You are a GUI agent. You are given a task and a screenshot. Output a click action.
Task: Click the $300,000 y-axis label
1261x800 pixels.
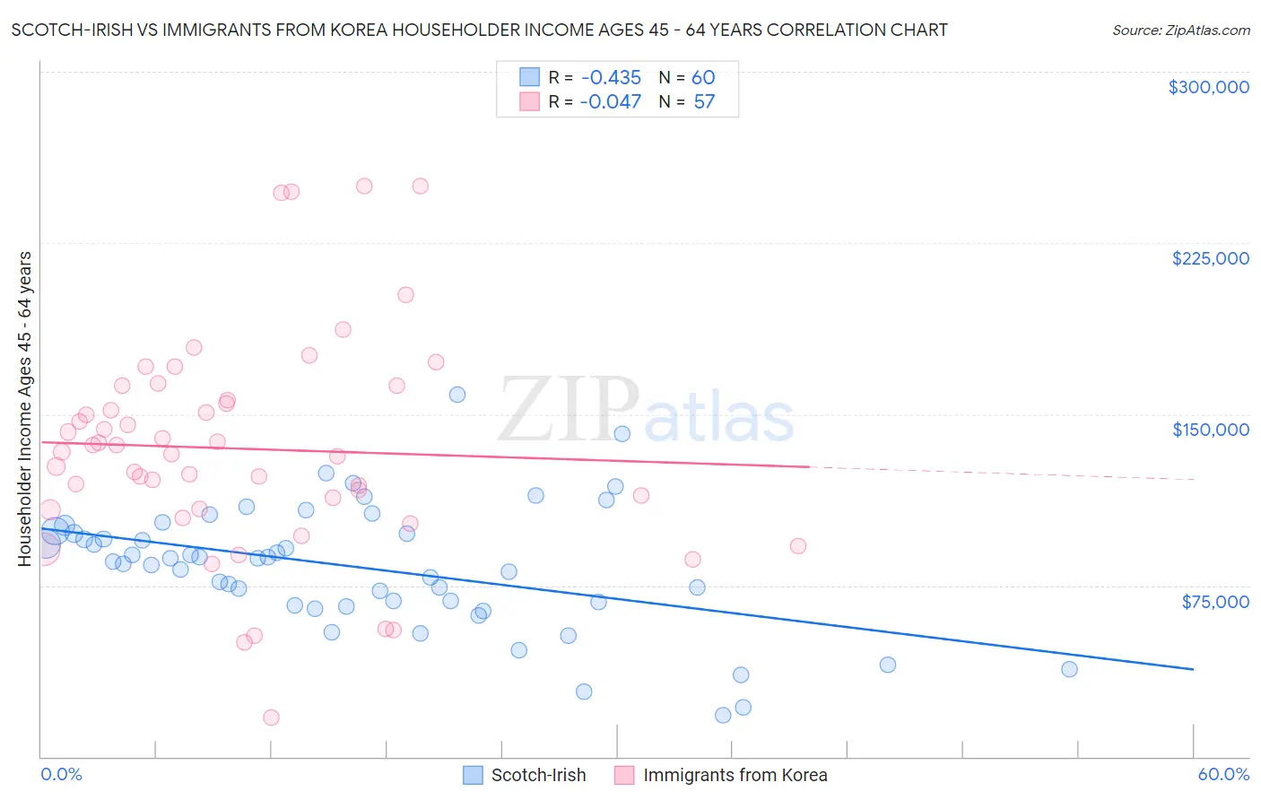[1208, 87]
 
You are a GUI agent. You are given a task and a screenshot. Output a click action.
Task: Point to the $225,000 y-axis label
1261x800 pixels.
[1210, 258]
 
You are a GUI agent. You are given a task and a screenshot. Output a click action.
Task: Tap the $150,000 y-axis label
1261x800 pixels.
[1210, 430]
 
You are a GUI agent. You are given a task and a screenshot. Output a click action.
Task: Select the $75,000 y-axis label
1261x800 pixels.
[1214, 602]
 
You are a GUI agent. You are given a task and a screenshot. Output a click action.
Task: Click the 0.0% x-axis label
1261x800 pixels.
[61, 774]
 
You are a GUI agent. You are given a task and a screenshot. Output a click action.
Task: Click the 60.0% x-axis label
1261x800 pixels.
[1222, 774]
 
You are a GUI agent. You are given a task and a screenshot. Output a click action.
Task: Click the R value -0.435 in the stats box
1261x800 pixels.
[610, 77]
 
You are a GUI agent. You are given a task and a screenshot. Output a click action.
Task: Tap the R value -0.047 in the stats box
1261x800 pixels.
[610, 101]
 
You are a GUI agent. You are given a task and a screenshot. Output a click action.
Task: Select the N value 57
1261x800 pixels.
[704, 101]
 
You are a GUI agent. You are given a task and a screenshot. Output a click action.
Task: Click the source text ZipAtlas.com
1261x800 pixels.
[1180, 30]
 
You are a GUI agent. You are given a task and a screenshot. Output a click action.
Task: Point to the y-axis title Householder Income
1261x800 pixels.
[25, 408]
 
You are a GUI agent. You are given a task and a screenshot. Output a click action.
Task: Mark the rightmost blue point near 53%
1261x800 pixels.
[1068, 669]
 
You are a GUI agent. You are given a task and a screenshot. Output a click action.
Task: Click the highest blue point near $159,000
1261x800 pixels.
[457, 395]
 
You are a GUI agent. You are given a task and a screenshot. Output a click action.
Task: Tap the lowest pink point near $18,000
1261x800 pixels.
[271, 717]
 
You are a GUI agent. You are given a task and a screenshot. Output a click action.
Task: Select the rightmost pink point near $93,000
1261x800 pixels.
[797, 546]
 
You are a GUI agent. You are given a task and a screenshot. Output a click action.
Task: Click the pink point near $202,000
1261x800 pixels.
[405, 295]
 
